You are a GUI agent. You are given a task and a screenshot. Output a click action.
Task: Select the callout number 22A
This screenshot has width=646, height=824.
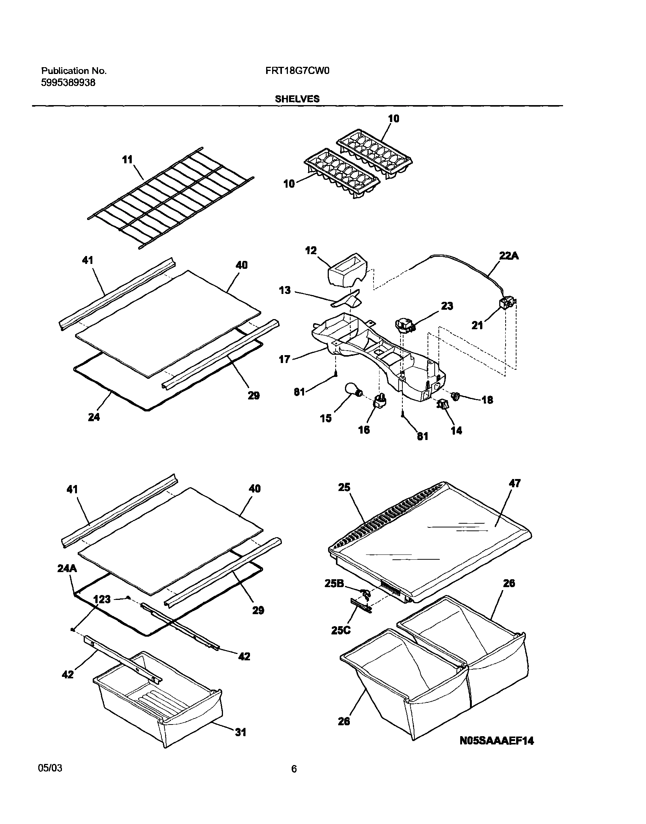(x=509, y=256)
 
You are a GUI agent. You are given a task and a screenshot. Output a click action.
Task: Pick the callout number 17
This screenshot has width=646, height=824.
(x=284, y=359)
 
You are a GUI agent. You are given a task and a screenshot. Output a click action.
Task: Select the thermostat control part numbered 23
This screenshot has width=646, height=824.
(x=404, y=325)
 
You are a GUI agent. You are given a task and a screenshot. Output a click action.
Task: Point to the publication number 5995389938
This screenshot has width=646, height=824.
(x=68, y=83)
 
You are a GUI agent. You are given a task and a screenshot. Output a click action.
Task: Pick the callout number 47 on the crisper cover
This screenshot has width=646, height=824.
(x=515, y=483)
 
